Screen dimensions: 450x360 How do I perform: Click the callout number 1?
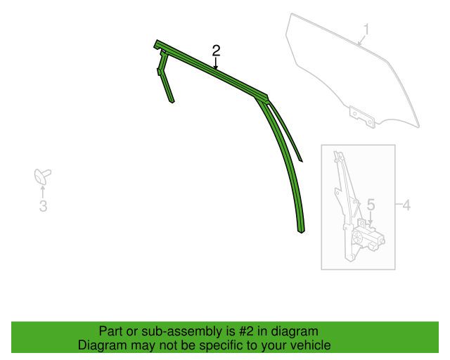(366, 30)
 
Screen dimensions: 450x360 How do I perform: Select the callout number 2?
(216, 51)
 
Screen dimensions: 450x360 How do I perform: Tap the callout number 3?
(43, 206)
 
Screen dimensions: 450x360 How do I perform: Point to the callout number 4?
(406, 205)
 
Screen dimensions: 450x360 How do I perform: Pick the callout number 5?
(371, 205)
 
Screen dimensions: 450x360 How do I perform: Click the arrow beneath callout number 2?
(216, 63)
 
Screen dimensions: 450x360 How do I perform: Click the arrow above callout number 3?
(43, 191)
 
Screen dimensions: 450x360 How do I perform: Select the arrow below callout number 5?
(371, 218)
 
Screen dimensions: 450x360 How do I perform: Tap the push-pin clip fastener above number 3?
(42, 176)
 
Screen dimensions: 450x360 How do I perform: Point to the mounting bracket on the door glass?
(362, 116)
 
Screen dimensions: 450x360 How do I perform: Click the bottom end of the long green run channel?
(301, 231)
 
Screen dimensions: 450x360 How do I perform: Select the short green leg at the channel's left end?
(165, 76)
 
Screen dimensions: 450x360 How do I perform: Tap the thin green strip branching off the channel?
(285, 129)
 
